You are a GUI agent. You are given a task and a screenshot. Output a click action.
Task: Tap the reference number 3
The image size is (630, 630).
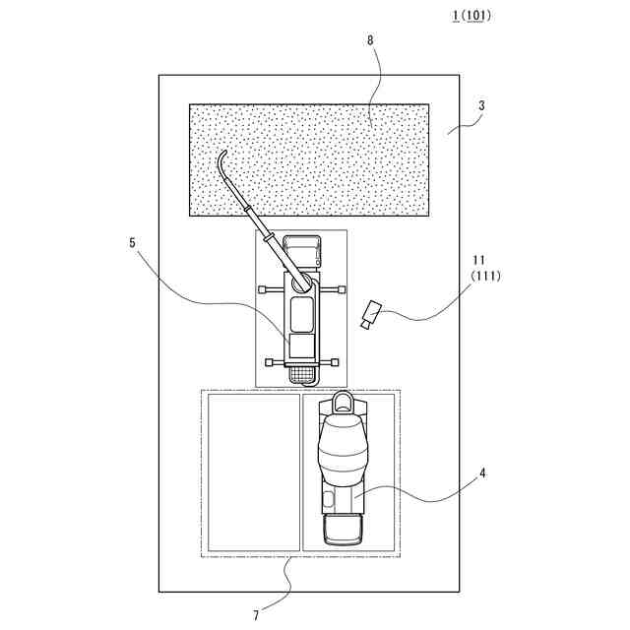(x=482, y=105)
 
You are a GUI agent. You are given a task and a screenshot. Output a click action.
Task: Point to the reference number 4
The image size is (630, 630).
(x=482, y=472)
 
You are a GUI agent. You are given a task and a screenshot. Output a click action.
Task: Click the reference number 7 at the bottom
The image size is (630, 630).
(x=257, y=615)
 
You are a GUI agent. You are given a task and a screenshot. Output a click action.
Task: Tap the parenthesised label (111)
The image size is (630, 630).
(x=485, y=277)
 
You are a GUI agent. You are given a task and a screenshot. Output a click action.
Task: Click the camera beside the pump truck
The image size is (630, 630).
(x=370, y=314)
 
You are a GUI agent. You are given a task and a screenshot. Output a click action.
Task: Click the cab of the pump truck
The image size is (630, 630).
(x=301, y=252)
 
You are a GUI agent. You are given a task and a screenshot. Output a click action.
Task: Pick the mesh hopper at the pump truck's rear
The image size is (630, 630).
(x=301, y=372)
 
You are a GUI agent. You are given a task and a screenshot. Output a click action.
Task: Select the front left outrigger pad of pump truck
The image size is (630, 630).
(x=263, y=289)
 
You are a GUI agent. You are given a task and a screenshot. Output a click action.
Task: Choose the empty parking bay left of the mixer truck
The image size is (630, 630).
(x=253, y=472)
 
